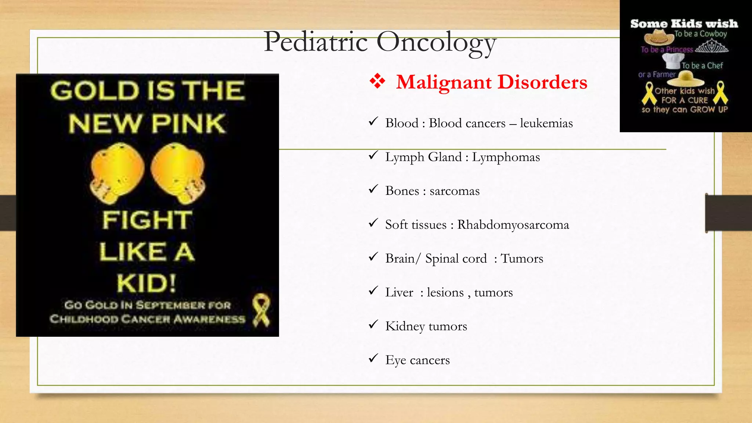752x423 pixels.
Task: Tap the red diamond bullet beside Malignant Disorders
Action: tap(377, 81)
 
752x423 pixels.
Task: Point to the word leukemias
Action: tap(546, 123)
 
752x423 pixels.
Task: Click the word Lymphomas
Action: tap(506, 157)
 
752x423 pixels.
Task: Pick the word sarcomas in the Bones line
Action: tap(454, 191)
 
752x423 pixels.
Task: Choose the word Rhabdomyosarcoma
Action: tap(513, 225)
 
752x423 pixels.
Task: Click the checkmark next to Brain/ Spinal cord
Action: tap(373, 257)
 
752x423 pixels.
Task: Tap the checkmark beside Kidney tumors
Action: tap(373, 324)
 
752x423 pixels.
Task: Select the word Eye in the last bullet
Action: tap(395, 360)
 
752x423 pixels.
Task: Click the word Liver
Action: tap(399, 292)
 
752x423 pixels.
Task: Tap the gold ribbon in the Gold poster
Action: tap(261, 310)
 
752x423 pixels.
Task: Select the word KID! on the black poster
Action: tap(147, 283)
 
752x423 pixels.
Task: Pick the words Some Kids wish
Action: tap(684, 24)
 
